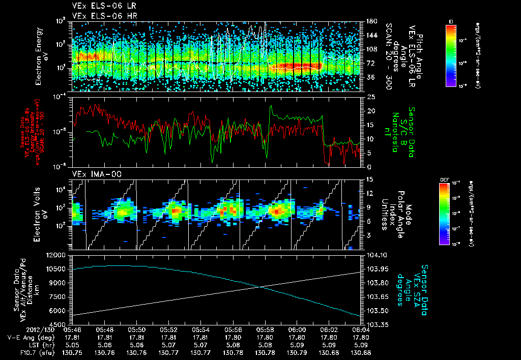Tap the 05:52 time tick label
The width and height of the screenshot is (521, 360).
169,329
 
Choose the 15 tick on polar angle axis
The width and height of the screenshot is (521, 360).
369,179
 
